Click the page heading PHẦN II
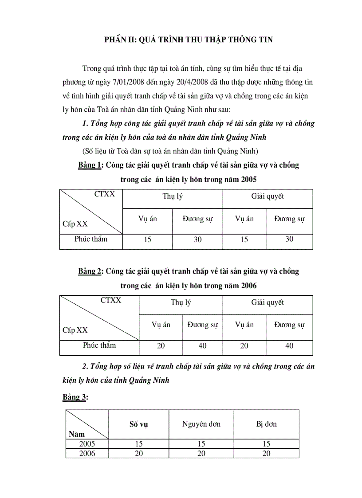(x=188, y=40)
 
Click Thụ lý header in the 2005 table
(x=172, y=196)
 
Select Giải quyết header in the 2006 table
(x=268, y=302)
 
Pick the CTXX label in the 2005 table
(x=105, y=194)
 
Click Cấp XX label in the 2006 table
(x=75, y=330)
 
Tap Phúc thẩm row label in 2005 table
(x=91, y=239)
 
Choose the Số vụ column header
(x=138, y=424)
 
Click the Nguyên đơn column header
(x=201, y=424)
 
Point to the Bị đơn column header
(x=266, y=424)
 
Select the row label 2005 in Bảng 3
(x=87, y=443)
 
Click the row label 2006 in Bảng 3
(x=87, y=453)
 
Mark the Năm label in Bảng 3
(x=77, y=434)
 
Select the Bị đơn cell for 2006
(x=266, y=453)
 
